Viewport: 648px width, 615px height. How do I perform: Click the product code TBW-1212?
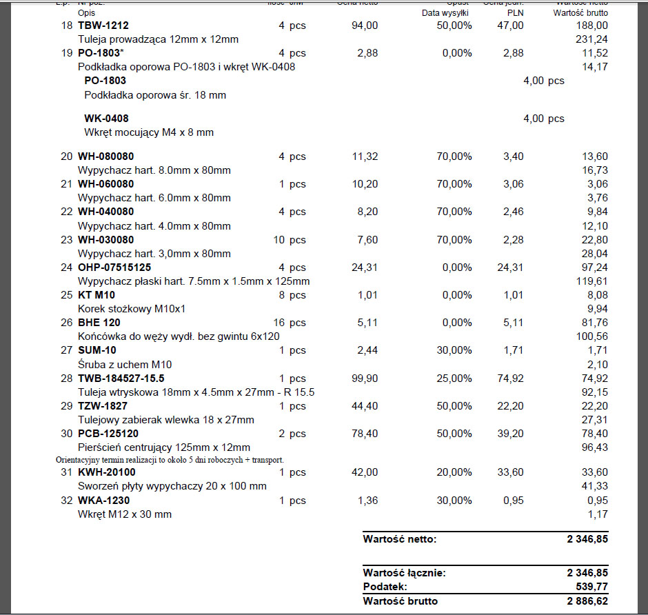[x=103, y=26]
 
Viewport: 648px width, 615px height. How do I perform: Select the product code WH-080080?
[x=106, y=157]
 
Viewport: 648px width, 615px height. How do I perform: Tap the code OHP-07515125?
[x=114, y=268]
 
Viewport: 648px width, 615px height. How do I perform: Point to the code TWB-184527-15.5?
[x=121, y=379]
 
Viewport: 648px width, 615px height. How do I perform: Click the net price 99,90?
[x=365, y=379]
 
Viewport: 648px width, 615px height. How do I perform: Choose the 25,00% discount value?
[x=454, y=379]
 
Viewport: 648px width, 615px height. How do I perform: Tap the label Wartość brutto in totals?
[x=401, y=601]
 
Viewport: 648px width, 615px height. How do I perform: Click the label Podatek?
[x=385, y=587]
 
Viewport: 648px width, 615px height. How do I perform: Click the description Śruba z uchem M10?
[x=125, y=364]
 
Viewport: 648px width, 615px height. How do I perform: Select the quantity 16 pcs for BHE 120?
[x=289, y=323]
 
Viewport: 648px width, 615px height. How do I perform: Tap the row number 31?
[x=66, y=472]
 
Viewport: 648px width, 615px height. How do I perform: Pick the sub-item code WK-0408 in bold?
[x=106, y=119]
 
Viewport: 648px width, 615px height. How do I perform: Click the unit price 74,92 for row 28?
[x=509, y=379]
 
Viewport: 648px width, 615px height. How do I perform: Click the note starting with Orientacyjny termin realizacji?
[x=170, y=460]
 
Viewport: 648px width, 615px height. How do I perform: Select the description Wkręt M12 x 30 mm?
[x=125, y=514]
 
